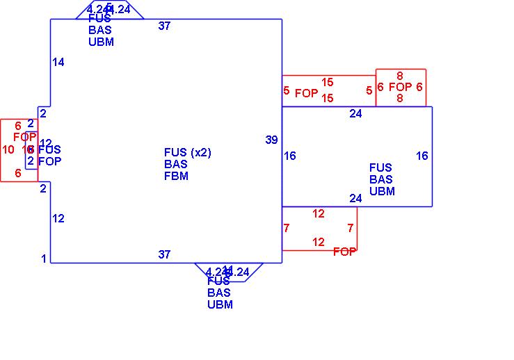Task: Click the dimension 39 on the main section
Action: [271, 140]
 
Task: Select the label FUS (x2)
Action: [187, 153]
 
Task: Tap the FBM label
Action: [176, 177]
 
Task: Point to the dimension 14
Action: [58, 63]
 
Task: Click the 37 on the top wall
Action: [164, 26]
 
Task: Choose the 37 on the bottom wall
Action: [164, 255]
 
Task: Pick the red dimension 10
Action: [8, 149]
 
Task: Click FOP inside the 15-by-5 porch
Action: [306, 92]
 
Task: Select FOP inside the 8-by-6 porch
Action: [400, 87]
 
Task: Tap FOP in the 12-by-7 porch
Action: [344, 252]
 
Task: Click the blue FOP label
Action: [49, 161]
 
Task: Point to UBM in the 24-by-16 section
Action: [382, 191]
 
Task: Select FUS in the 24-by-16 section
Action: [380, 167]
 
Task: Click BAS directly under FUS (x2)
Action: [176, 165]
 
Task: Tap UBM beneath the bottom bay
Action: [220, 304]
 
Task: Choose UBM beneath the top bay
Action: [101, 42]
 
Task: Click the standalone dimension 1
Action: [44, 259]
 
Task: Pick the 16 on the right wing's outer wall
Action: [422, 156]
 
